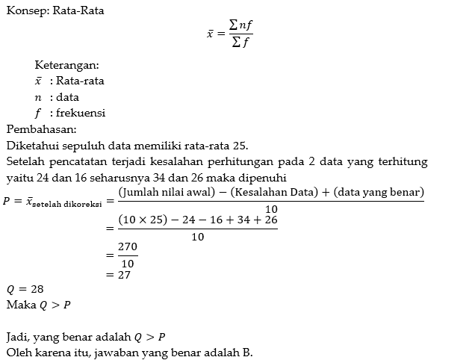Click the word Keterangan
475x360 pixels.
[66, 65]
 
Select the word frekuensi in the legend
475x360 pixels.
[81, 113]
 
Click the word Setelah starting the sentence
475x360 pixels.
[25, 162]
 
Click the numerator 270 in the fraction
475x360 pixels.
[128, 246]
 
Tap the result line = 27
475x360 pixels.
[119, 274]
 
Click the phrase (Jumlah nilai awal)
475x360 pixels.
[168, 193]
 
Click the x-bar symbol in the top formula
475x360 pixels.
[211, 34]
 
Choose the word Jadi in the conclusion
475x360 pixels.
[17, 336]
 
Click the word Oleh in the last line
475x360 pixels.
[18, 353]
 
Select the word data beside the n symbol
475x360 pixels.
[67, 97]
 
